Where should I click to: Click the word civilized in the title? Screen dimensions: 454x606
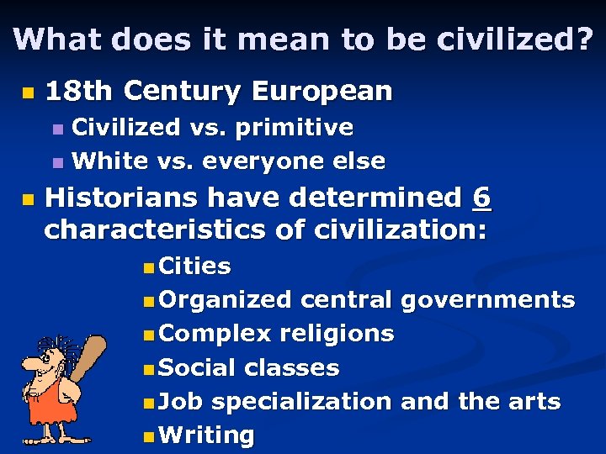(x=499, y=39)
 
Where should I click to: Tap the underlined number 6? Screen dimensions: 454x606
(x=481, y=198)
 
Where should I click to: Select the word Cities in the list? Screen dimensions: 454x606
(x=194, y=267)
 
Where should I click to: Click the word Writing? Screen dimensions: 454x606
(x=205, y=435)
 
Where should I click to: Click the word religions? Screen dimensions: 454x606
(x=337, y=333)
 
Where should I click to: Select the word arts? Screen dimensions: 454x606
(x=534, y=401)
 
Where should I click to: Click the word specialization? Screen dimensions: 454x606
(x=301, y=402)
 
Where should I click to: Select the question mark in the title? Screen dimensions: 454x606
(x=584, y=39)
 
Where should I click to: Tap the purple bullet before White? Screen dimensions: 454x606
(x=57, y=161)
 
